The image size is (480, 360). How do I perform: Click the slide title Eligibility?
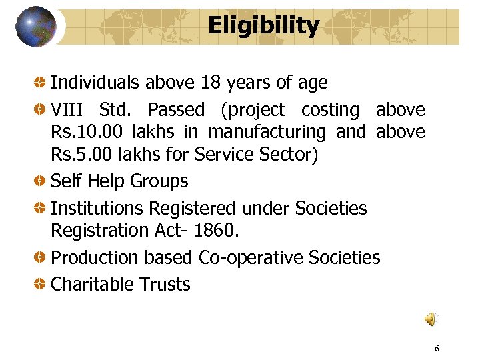coord(263,26)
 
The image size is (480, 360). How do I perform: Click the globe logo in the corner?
coord(36,27)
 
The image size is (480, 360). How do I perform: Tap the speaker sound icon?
coord(431,320)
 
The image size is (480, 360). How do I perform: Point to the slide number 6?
coord(437,349)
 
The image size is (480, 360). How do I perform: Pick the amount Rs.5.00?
coord(83,154)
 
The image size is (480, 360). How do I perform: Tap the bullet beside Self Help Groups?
coord(41,181)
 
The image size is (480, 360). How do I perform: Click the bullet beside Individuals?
coord(41,83)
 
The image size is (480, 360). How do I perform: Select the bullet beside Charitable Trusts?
coord(41,285)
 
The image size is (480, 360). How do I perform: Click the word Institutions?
coord(97,208)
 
